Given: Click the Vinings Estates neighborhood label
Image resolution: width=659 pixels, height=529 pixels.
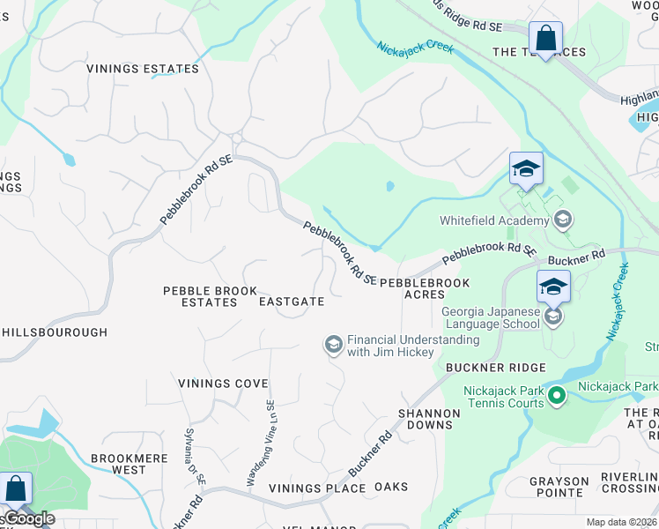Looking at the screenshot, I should [143, 69].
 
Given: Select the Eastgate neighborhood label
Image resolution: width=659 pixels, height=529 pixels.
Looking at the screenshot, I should [292, 302].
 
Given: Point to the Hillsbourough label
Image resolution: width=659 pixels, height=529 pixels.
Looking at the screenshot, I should [55, 332].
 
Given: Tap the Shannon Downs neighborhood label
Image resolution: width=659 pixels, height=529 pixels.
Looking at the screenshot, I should [429, 419].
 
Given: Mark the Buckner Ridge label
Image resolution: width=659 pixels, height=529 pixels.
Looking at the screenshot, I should [496, 367].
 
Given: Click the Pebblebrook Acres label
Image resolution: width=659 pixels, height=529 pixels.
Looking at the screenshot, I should [425, 288].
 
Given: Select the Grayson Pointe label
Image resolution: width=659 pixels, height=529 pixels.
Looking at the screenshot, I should [559, 488].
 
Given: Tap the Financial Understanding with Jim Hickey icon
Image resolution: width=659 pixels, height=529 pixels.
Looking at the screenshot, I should [334, 345].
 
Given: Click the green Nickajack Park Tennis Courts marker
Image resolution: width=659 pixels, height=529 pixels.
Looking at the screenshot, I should [556, 397].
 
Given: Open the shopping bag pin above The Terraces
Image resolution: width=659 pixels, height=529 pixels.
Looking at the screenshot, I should [545, 40].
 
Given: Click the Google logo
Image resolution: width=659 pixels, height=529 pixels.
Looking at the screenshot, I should [28, 518].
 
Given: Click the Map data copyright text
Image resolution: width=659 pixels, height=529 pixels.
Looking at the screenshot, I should [621, 522].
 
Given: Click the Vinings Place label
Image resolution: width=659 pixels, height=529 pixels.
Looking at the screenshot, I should [317, 488].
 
